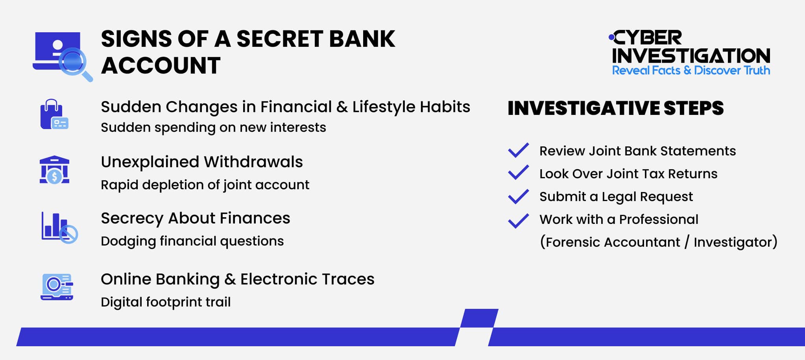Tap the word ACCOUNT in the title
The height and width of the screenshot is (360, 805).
coord(161,65)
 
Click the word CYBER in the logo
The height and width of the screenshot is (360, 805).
coord(648,38)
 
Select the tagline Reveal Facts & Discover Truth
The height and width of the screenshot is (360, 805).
coord(691,70)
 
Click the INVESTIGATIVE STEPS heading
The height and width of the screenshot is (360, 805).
coord(615,108)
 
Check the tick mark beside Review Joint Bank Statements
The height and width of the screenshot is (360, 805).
coord(518,150)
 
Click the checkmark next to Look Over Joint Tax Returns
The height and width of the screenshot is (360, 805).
coord(518,173)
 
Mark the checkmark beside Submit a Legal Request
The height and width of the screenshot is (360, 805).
coord(518,196)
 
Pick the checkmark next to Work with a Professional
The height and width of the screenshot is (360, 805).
coord(518,220)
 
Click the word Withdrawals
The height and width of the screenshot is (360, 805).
coord(253,162)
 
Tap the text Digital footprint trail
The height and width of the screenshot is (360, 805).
coord(166,302)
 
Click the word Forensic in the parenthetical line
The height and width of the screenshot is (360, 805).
coord(572,242)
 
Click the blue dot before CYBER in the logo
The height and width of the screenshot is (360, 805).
coord(611,37)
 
